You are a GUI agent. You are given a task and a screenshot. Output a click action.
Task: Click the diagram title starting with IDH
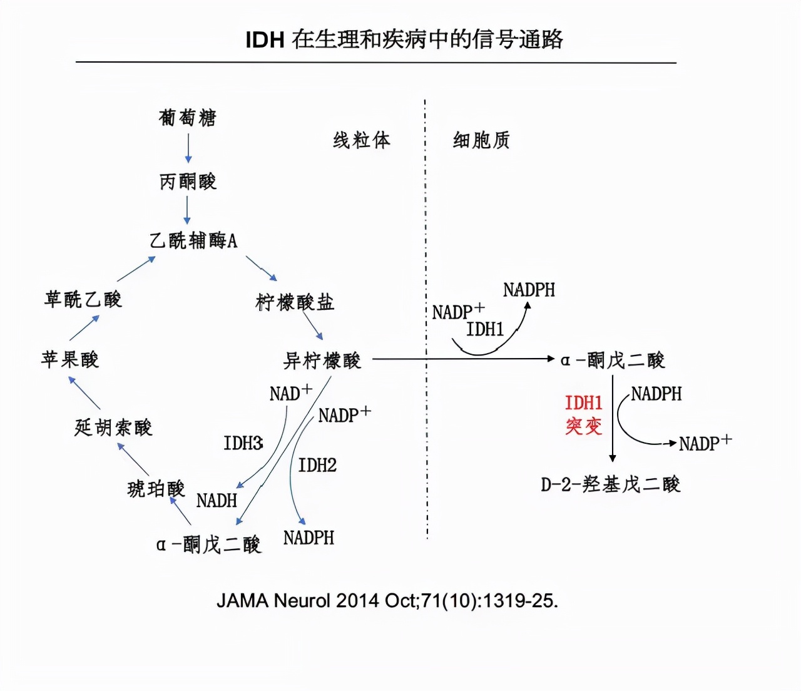click(404, 39)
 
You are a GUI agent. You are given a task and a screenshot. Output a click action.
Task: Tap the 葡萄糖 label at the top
click(188, 118)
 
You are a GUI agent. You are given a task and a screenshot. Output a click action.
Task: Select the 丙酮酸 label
click(188, 182)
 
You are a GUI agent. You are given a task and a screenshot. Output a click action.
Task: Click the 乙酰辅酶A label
click(193, 240)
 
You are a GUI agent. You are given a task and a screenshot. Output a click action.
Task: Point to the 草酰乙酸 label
click(83, 299)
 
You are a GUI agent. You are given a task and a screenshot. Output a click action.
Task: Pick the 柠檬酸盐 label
click(295, 302)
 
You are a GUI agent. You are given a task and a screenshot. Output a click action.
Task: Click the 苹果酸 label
click(70, 359)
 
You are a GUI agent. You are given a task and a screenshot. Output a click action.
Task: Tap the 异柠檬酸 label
click(322, 361)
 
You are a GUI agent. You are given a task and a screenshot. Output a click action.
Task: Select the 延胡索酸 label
click(113, 427)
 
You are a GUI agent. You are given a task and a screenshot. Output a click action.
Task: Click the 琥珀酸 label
click(156, 488)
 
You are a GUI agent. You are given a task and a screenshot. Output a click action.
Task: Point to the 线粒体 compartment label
click(362, 140)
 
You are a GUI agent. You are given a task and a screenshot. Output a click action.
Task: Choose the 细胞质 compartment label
click(481, 140)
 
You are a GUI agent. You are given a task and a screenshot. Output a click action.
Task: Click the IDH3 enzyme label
click(243, 443)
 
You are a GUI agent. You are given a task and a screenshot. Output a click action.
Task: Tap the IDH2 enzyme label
click(317, 465)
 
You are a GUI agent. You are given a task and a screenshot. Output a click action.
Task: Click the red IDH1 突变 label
click(584, 414)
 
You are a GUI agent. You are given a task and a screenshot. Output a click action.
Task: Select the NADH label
click(217, 501)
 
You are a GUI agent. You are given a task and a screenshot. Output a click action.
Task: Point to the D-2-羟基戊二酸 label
click(610, 484)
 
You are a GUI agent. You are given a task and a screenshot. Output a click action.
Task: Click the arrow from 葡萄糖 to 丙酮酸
click(188, 149)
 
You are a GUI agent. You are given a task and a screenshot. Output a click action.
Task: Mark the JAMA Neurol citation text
click(387, 601)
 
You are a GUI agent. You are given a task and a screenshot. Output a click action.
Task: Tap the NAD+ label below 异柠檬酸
click(290, 393)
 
